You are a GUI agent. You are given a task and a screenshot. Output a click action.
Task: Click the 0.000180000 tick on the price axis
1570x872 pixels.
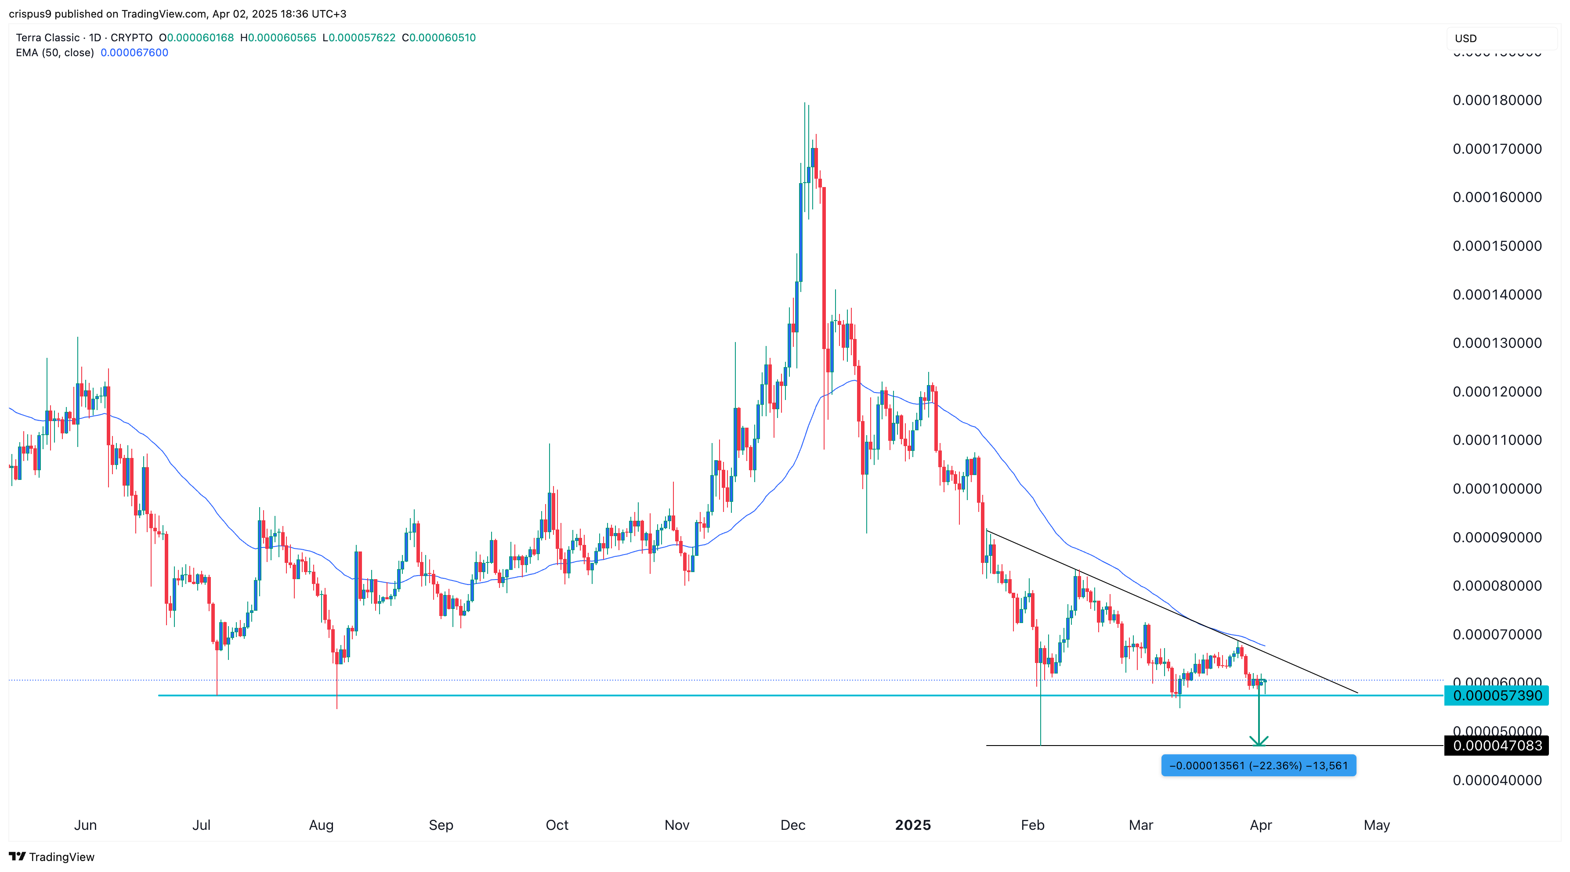pyautogui.click(x=1497, y=101)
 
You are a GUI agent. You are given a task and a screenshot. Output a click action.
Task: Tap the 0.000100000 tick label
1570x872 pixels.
pyautogui.click(x=1497, y=489)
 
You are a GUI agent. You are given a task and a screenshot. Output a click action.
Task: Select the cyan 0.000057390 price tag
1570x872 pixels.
pyautogui.click(x=1497, y=695)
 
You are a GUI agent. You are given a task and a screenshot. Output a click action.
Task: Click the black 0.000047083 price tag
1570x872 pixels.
pyautogui.click(x=1497, y=745)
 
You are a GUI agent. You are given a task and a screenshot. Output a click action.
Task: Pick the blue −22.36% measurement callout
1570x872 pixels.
pyautogui.click(x=1258, y=765)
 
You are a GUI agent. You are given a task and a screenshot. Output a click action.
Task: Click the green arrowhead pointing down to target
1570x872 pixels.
pyautogui.click(x=1259, y=742)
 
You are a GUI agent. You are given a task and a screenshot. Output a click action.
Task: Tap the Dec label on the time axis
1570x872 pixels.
pyautogui.click(x=792, y=825)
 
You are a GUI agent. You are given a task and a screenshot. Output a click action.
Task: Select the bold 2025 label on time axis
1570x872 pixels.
pyautogui.click(x=912, y=825)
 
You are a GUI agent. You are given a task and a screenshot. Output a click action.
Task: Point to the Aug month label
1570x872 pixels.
pyautogui.click(x=321, y=825)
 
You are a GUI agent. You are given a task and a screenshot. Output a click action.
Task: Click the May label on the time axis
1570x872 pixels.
pyautogui.click(x=1376, y=825)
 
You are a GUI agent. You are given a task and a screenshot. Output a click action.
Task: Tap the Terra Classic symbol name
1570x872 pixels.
pyautogui.click(x=47, y=38)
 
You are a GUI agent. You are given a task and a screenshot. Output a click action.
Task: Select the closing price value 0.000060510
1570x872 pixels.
pyautogui.click(x=442, y=38)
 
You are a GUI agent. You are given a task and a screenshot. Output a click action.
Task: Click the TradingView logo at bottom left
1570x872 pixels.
pyautogui.click(x=52, y=857)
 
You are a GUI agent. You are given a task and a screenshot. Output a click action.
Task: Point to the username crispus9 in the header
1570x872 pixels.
pyautogui.click(x=30, y=14)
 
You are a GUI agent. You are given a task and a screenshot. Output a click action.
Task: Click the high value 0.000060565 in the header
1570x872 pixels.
pyautogui.click(x=282, y=38)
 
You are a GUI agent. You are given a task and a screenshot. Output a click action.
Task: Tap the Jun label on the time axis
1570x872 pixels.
pyautogui.click(x=85, y=825)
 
